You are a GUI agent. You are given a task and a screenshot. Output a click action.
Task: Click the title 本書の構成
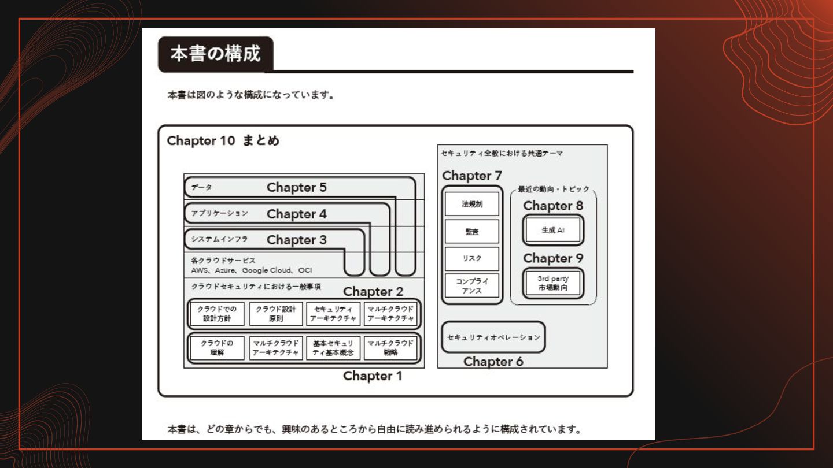click(215, 54)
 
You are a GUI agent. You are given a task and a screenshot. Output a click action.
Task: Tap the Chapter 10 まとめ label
click(223, 141)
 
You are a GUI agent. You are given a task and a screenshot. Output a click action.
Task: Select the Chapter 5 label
click(296, 187)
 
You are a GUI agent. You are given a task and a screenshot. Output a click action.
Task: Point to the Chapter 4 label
click(296, 214)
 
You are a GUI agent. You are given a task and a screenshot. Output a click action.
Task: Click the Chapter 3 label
click(296, 240)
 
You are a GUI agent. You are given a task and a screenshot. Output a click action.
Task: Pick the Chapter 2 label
click(373, 292)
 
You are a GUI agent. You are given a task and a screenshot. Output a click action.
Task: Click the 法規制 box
click(471, 205)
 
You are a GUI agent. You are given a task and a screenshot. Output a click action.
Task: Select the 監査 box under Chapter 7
click(471, 232)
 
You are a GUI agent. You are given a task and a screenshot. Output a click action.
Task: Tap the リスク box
click(471, 258)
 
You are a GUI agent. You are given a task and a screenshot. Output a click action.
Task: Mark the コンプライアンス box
click(471, 285)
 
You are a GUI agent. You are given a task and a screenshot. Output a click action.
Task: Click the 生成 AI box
click(552, 230)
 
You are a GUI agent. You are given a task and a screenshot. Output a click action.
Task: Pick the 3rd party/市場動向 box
click(552, 283)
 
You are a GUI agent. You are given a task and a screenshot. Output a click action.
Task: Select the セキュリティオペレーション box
click(493, 337)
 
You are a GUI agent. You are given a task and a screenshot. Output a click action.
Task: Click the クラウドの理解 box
click(217, 348)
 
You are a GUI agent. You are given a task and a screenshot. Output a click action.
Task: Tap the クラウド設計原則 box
click(276, 314)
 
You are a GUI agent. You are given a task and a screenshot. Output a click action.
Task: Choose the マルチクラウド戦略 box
click(390, 348)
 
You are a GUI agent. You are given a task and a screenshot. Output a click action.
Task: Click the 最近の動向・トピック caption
click(553, 189)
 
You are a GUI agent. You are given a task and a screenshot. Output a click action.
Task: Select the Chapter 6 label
click(493, 362)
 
